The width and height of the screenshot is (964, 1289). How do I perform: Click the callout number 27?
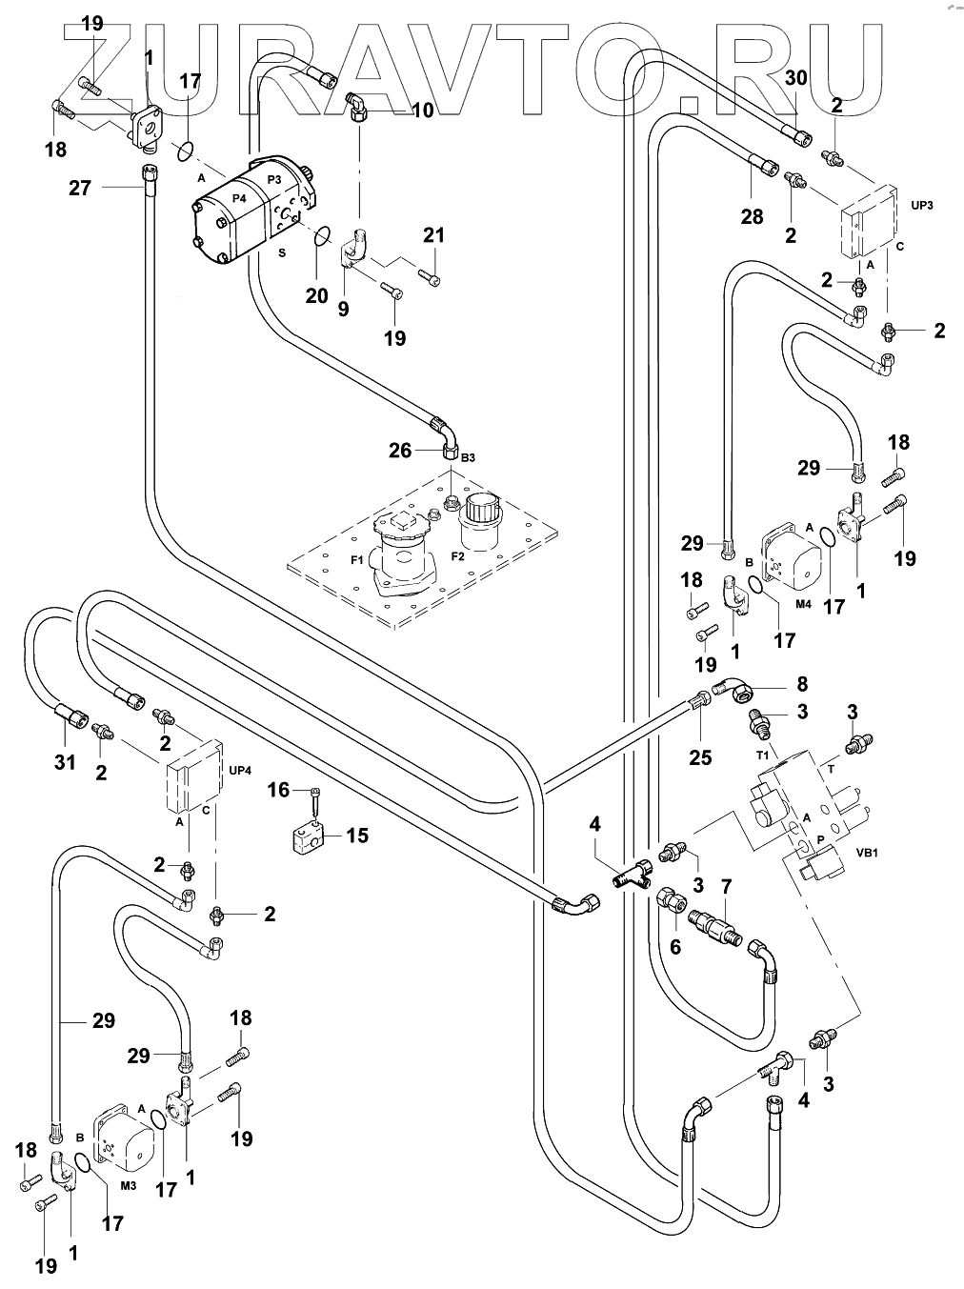coord(80,188)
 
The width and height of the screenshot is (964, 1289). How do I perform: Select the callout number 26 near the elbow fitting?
coord(400,450)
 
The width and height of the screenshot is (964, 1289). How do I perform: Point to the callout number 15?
coord(357,836)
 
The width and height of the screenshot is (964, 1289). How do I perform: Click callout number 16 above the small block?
coord(277,790)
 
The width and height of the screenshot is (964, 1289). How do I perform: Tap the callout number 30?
coord(796,78)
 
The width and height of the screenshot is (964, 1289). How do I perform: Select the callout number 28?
coord(752,217)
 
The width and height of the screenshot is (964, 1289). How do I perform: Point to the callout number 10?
coord(422,111)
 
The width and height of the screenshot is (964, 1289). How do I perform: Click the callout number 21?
coord(433,235)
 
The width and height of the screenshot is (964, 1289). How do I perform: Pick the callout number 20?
coord(317,296)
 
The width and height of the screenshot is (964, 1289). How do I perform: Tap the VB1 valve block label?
coord(867,853)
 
